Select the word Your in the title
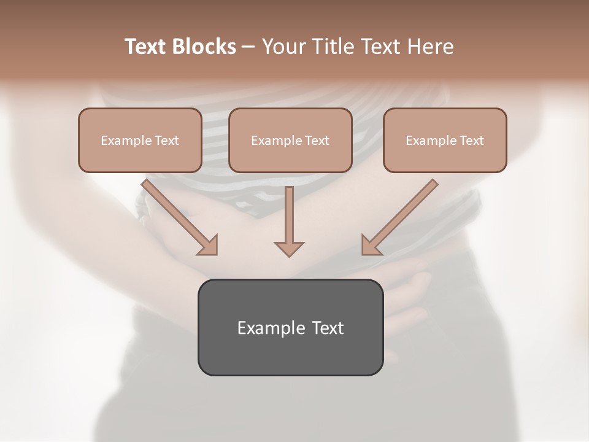pos(282,47)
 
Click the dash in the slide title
pos(248,47)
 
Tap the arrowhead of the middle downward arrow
pos(289,248)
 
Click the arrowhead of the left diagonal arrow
pos(209,246)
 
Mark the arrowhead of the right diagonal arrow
pos(370,246)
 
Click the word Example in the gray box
pos(271,328)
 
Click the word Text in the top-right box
pos(471,141)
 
